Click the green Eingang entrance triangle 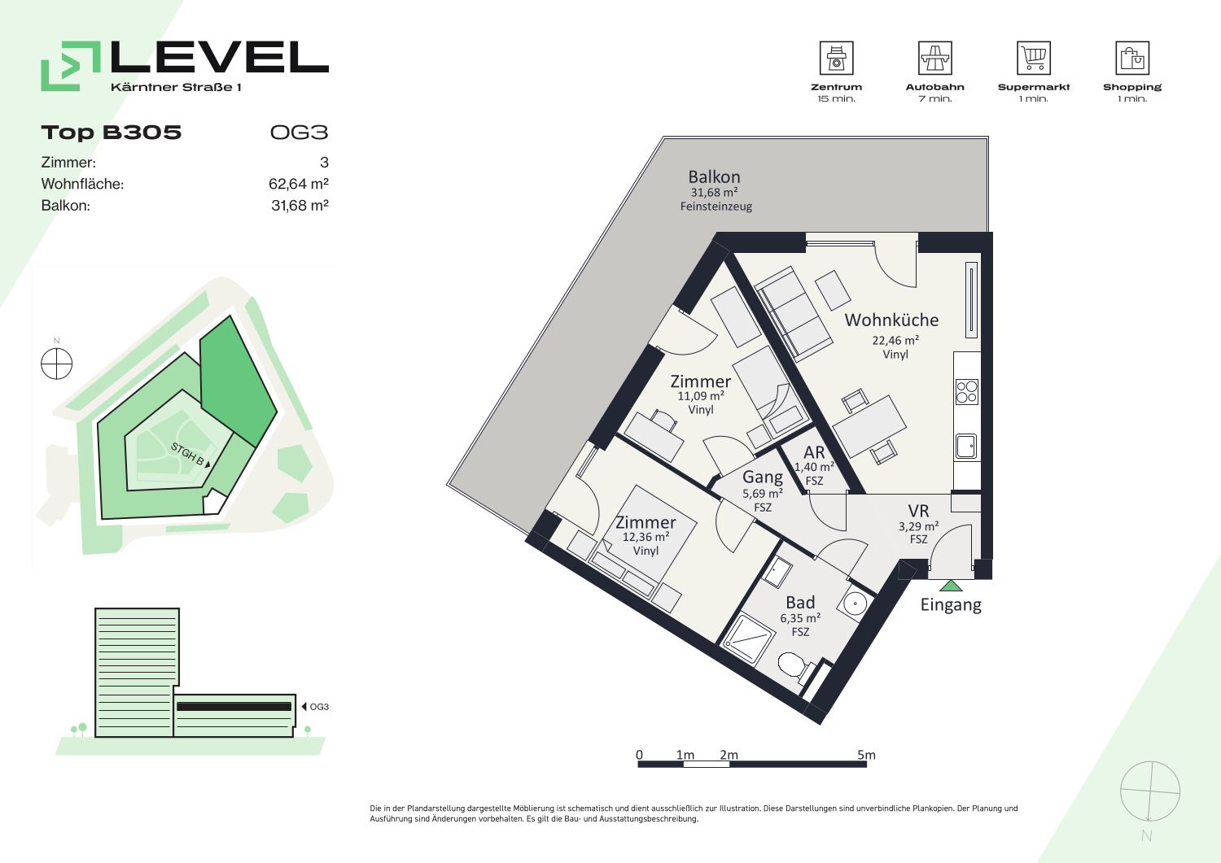(952, 586)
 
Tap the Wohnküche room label (892, 320)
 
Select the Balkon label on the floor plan (714, 177)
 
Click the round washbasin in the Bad (856, 604)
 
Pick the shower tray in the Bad (748, 641)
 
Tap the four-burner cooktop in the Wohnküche (966, 392)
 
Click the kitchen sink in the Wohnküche (966, 447)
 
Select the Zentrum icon (836, 58)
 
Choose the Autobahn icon (934, 58)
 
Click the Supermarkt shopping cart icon (1034, 58)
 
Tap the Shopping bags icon (1132, 58)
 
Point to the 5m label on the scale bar (866, 755)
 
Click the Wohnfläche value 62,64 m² (299, 184)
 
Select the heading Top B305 (112, 133)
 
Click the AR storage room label (814, 452)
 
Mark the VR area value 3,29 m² (918, 526)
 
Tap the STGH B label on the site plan (188, 455)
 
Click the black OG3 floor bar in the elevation (234, 707)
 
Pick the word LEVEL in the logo (220, 57)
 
